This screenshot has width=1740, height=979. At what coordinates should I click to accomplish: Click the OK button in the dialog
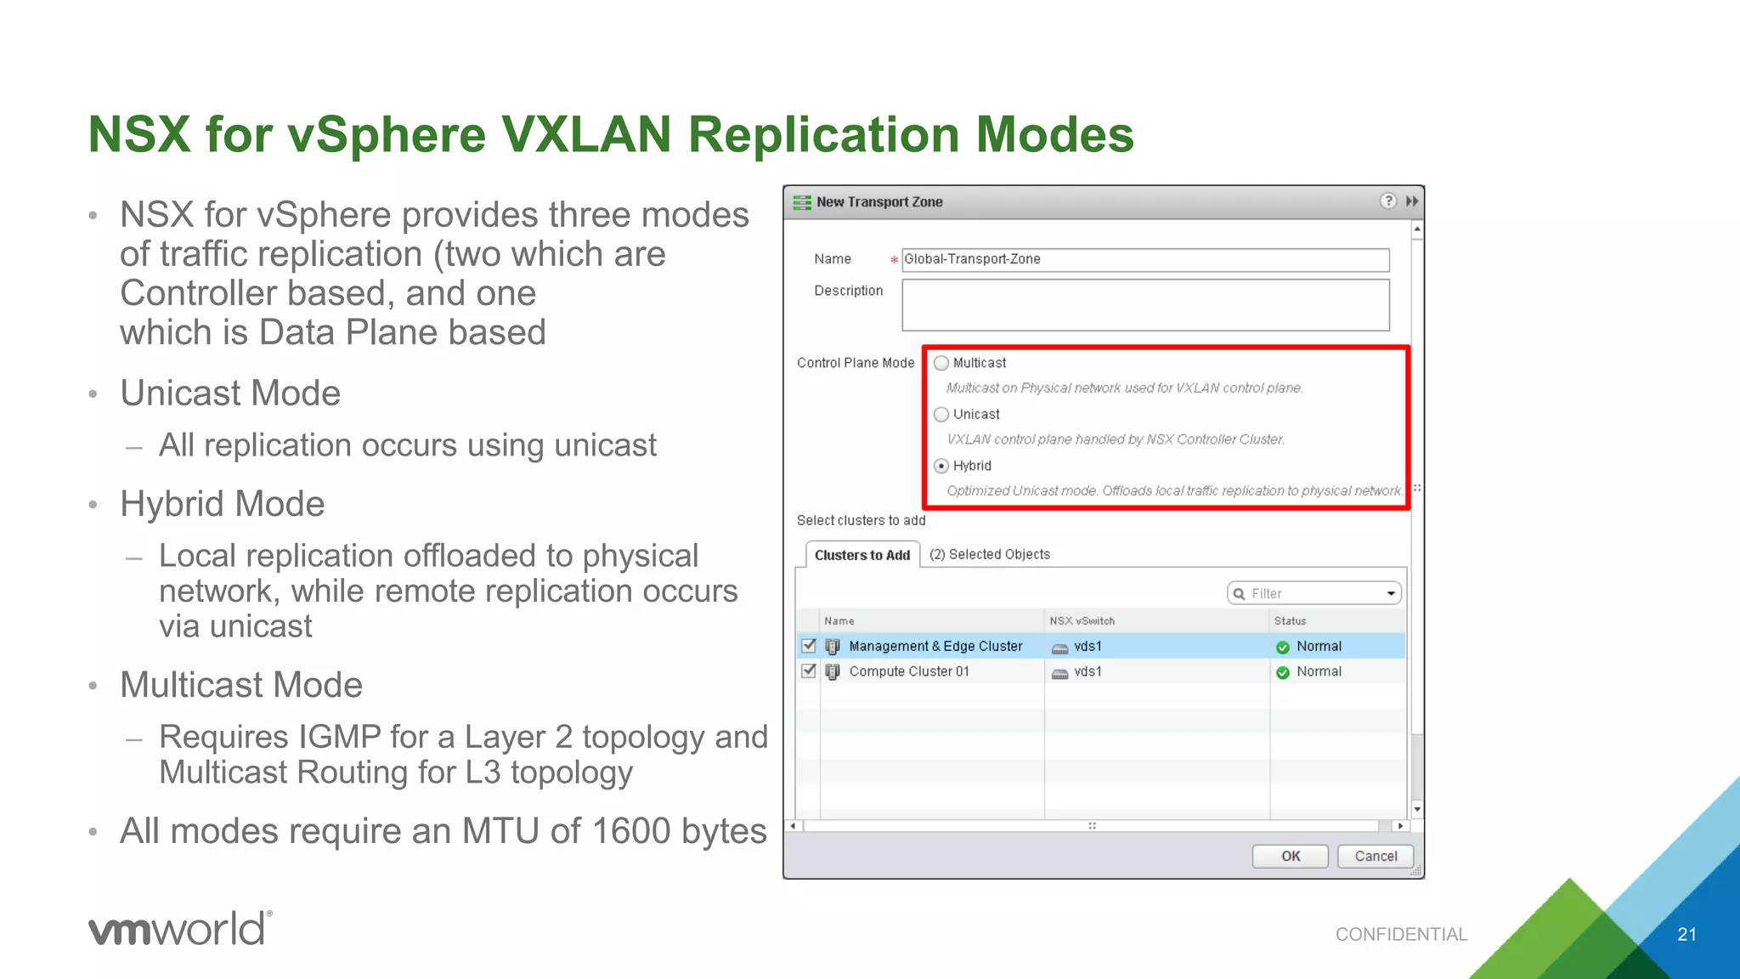[x=1290, y=856]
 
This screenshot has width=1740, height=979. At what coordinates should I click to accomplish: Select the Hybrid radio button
[x=941, y=466]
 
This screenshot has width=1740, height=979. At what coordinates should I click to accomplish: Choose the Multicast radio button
[x=941, y=363]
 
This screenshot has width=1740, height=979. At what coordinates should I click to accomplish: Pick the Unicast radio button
[x=941, y=414]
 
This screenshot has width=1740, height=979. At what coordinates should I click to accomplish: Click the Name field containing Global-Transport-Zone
[x=1144, y=259]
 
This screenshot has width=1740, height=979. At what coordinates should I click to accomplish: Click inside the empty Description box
[x=1144, y=305]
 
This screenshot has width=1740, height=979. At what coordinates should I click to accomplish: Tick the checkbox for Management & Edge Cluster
[x=809, y=646]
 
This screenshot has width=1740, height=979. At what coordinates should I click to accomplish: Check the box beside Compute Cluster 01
[x=809, y=671]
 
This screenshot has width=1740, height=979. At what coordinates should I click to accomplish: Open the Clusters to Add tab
[x=862, y=555]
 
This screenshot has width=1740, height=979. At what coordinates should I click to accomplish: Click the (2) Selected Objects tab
[x=990, y=554]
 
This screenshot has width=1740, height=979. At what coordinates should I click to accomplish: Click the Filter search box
[x=1313, y=593]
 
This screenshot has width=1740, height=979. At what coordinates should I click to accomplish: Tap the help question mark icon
[x=1387, y=201]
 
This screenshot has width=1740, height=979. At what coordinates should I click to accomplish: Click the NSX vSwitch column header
[x=1082, y=621]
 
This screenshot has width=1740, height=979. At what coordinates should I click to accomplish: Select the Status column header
[x=1290, y=621]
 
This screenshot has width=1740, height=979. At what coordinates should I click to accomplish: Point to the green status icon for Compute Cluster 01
[x=1283, y=672]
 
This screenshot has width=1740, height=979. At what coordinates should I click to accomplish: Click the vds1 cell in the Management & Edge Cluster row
[x=1087, y=647]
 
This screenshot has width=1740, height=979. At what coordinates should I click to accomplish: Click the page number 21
[x=1686, y=935]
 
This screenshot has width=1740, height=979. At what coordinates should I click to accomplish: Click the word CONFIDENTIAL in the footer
[x=1401, y=935]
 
